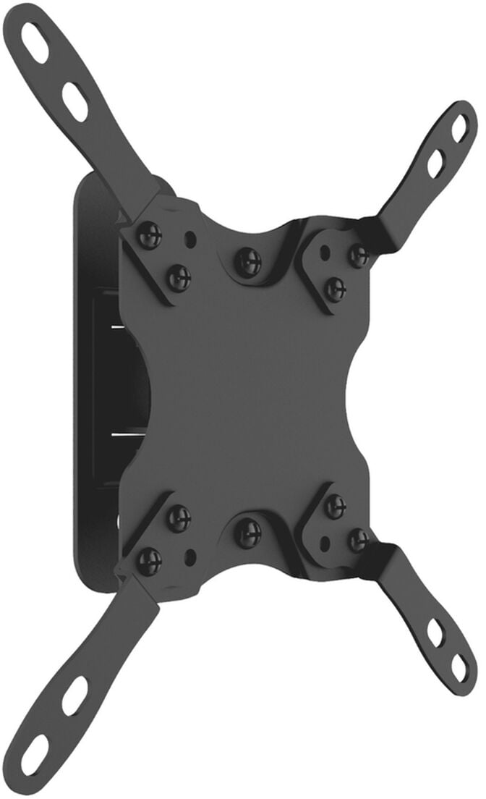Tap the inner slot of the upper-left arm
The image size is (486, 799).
74,101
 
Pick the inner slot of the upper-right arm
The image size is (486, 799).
435,164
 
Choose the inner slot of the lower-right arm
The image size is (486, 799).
435,633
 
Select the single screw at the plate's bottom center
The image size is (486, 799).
248,533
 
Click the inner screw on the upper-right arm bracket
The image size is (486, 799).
334,289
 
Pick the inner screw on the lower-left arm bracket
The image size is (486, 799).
178,517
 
